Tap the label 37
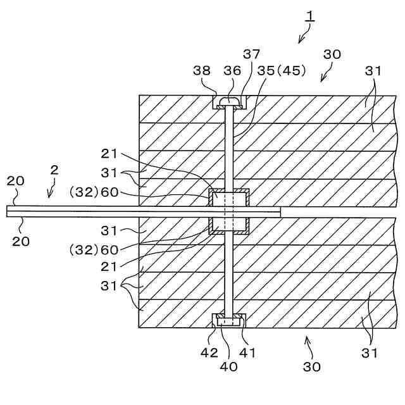coord(251,54)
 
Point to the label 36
coord(232,71)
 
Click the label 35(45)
coord(279,71)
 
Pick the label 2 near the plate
coord(55,170)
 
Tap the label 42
coord(209,353)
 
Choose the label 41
coord(247,353)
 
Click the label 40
coord(228,366)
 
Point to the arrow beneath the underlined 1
coord(302,38)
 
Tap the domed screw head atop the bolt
coord(228,101)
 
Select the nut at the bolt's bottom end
coord(228,321)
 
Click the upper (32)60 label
coord(93,192)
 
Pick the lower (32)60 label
coord(93,250)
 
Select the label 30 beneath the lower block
coord(311,366)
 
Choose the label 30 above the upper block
coord(332,54)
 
